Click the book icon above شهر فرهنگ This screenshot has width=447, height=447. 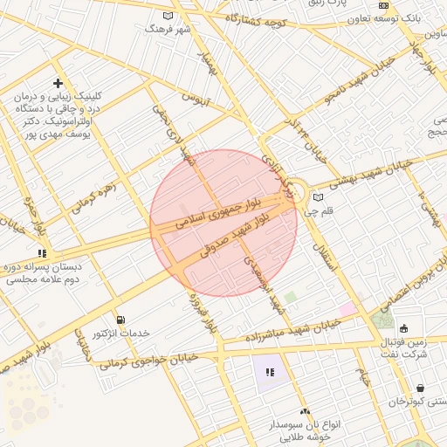(168, 15)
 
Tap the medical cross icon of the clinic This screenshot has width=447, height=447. (58, 83)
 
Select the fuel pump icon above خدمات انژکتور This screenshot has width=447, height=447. (120, 320)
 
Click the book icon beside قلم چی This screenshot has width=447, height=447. (318, 197)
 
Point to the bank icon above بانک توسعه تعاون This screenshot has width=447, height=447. (383, 5)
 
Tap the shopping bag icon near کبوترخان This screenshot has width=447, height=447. (422, 389)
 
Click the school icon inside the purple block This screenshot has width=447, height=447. (270, 372)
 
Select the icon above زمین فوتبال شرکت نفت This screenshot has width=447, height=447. (403, 329)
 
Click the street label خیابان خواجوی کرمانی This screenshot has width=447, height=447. (148, 361)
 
